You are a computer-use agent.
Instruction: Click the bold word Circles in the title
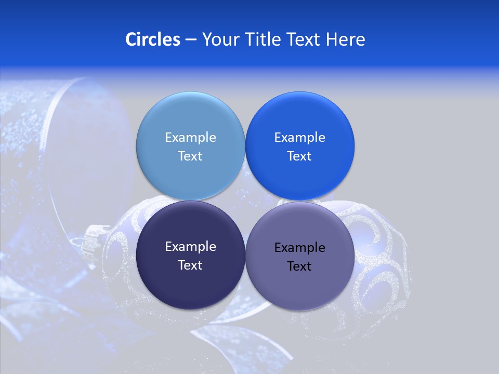(153, 39)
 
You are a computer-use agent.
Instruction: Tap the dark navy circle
(190, 280)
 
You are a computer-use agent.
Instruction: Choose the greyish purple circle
(299, 283)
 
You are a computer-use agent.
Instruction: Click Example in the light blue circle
(190, 137)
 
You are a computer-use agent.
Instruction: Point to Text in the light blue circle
(190, 156)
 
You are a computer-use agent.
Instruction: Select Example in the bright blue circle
(299, 137)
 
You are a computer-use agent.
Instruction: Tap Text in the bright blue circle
(299, 156)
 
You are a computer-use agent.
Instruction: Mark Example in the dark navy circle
(190, 246)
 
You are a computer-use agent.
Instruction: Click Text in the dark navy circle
(190, 265)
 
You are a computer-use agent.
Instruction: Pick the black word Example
(299, 247)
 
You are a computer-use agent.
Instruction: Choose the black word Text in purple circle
(299, 266)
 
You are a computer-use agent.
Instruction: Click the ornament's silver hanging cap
(94, 237)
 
